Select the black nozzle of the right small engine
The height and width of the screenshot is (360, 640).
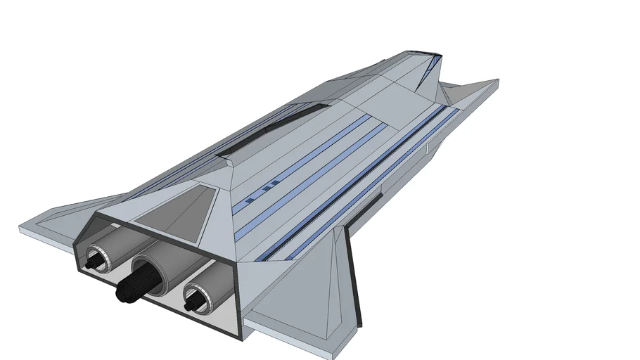click(x=189, y=305)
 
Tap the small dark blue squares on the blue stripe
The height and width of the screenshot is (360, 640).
click(x=268, y=188)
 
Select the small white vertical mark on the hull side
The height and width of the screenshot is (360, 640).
click(x=427, y=148)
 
